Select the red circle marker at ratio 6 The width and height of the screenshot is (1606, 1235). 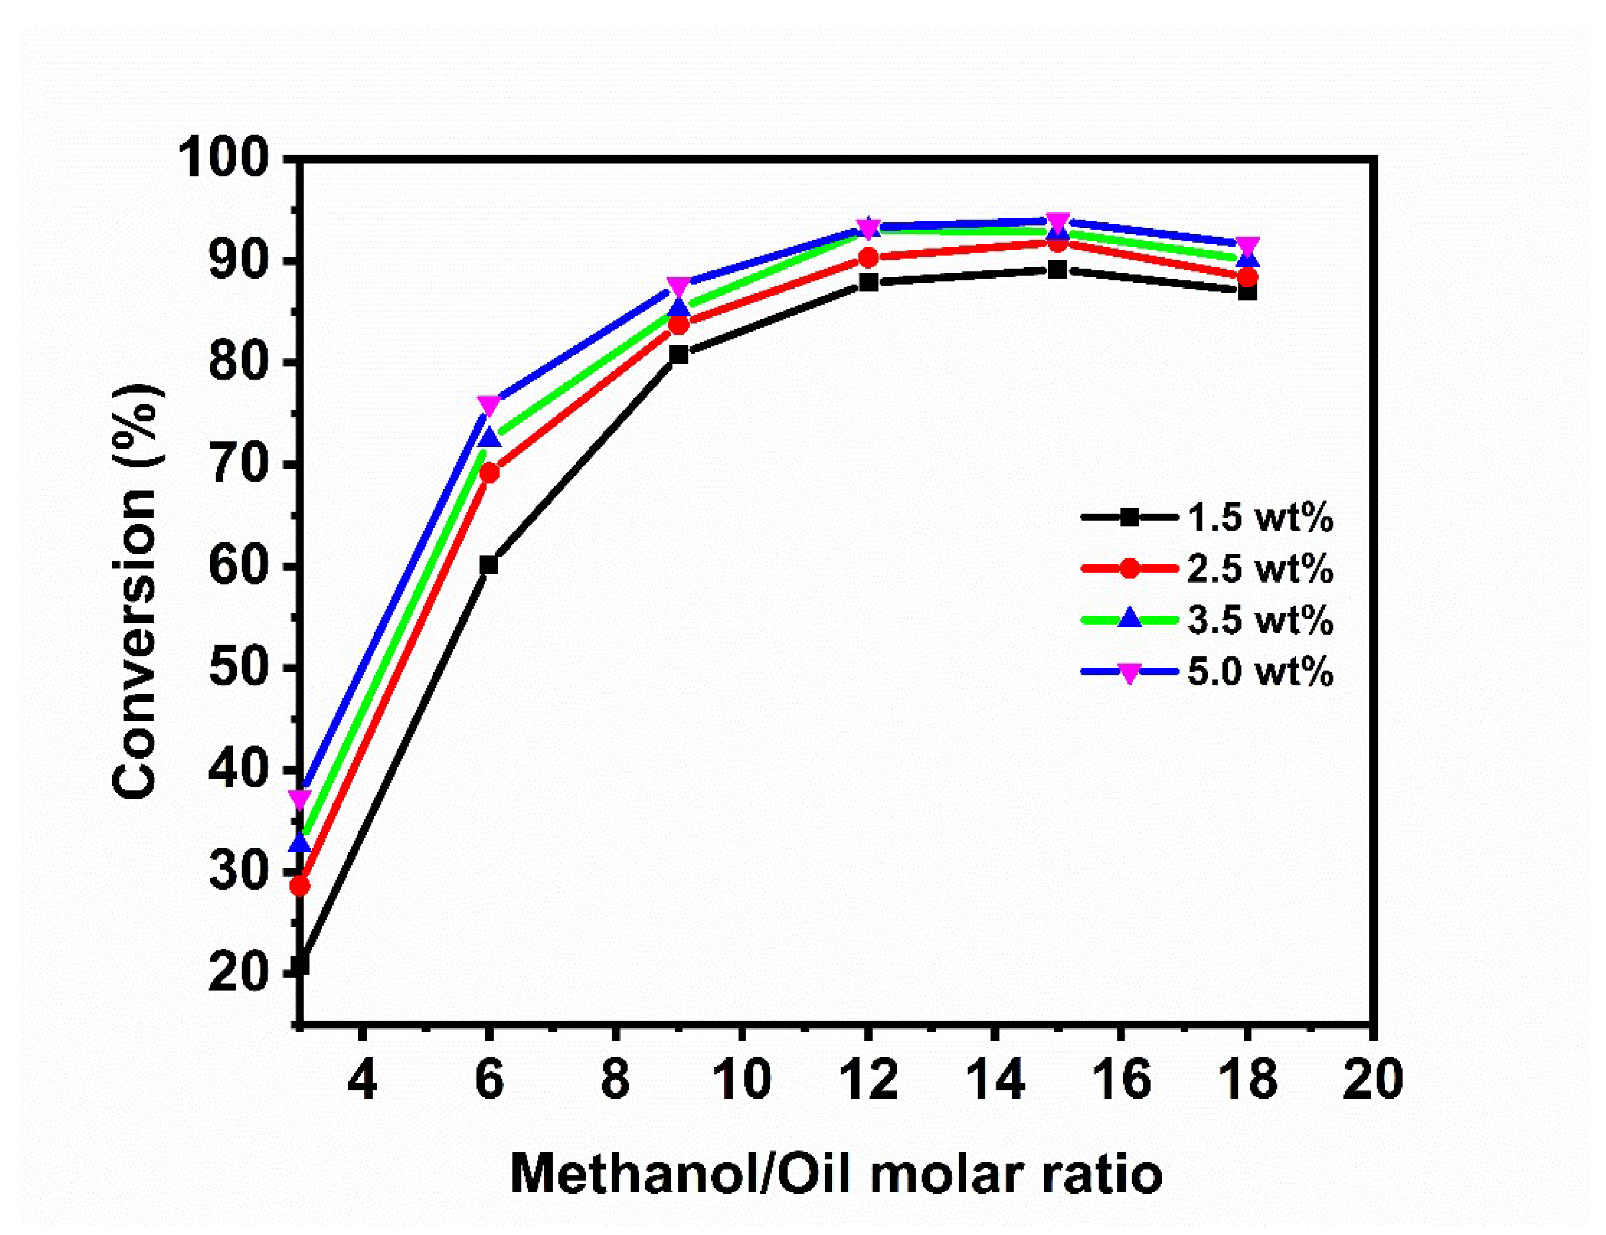tap(489, 473)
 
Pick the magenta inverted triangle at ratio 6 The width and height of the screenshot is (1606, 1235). tap(489, 405)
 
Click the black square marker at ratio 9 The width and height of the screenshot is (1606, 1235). tap(679, 354)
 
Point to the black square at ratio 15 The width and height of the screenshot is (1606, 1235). tap(1058, 270)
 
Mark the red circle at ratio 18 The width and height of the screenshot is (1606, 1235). tap(1247, 277)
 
